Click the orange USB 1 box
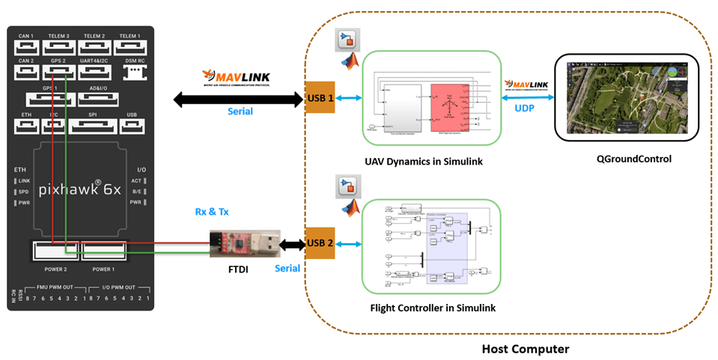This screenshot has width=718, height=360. click(320, 97)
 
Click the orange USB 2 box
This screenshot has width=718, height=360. click(320, 243)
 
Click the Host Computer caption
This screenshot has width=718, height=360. click(525, 349)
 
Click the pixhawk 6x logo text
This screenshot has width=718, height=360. click(80, 190)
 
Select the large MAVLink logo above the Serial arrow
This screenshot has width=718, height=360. click(235, 77)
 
